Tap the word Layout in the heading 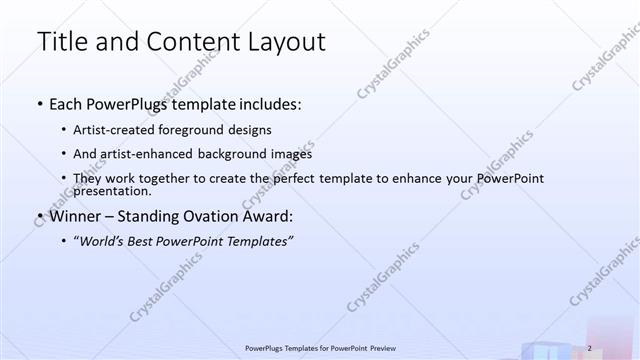(286, 42)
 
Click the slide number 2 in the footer (590, 347)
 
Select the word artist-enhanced (145, 154)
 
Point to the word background (240, 154)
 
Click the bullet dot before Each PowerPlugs (39, 104)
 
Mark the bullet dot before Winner (39, 215)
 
